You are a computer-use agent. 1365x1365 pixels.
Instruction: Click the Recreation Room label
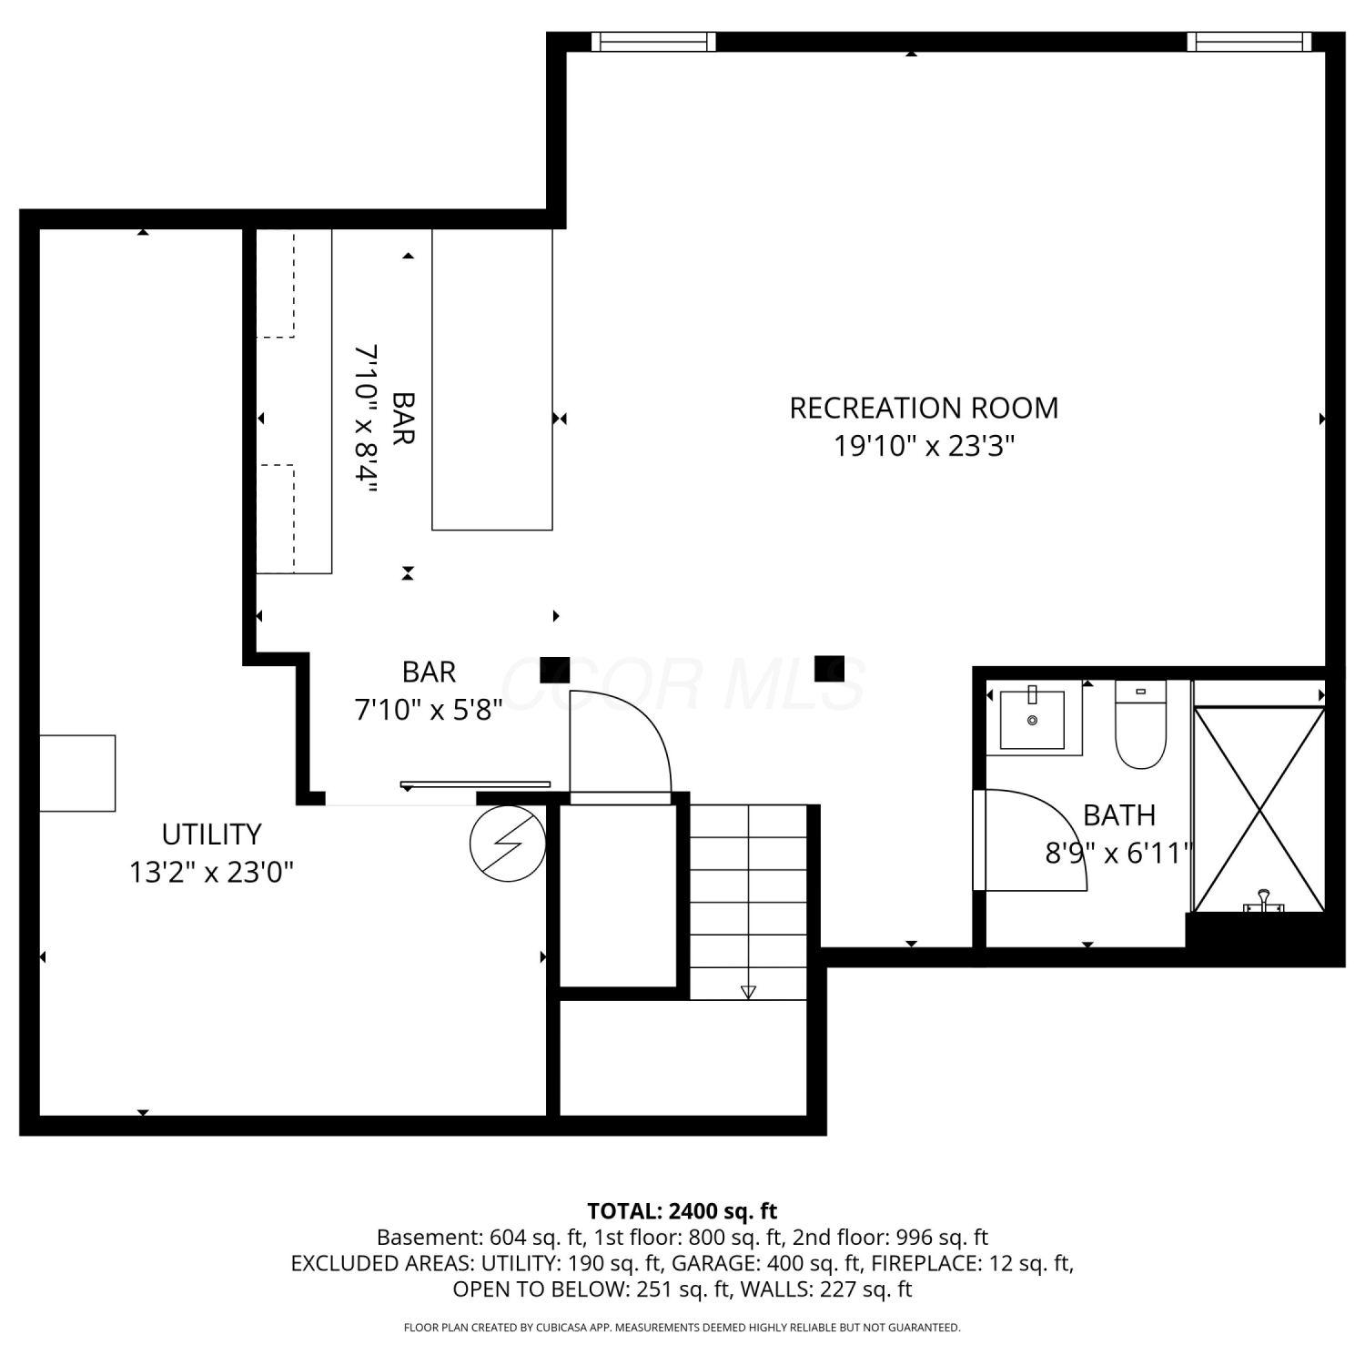click(924, 408)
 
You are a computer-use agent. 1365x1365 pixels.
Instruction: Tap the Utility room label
click(211, 834)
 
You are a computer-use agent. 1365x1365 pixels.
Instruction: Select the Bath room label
click(1119, 814)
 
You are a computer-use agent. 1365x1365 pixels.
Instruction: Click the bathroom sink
click(1033, 719)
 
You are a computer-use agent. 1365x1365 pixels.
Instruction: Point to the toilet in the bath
click(1140, 724)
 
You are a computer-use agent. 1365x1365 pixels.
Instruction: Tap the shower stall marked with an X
click(1259, 809)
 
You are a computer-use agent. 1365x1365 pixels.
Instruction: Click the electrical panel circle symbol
click(508, 844)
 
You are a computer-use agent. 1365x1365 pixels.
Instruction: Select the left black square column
click(555, 670)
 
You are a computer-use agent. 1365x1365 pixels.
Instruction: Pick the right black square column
click(829, 669)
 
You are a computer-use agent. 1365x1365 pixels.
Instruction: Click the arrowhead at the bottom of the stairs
click(748, 992)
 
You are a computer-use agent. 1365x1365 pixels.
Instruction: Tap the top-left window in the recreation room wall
click(653, 42)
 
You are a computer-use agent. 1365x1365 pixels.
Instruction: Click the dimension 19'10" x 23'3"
click(924, 446)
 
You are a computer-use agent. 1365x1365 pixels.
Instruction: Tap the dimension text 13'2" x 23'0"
click(211, 873)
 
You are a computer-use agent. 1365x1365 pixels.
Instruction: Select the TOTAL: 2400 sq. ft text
click(682, 1211)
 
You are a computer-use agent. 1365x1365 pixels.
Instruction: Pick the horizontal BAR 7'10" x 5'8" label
click(429, 691)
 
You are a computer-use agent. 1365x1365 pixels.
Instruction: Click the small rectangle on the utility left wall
click(77, 773)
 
